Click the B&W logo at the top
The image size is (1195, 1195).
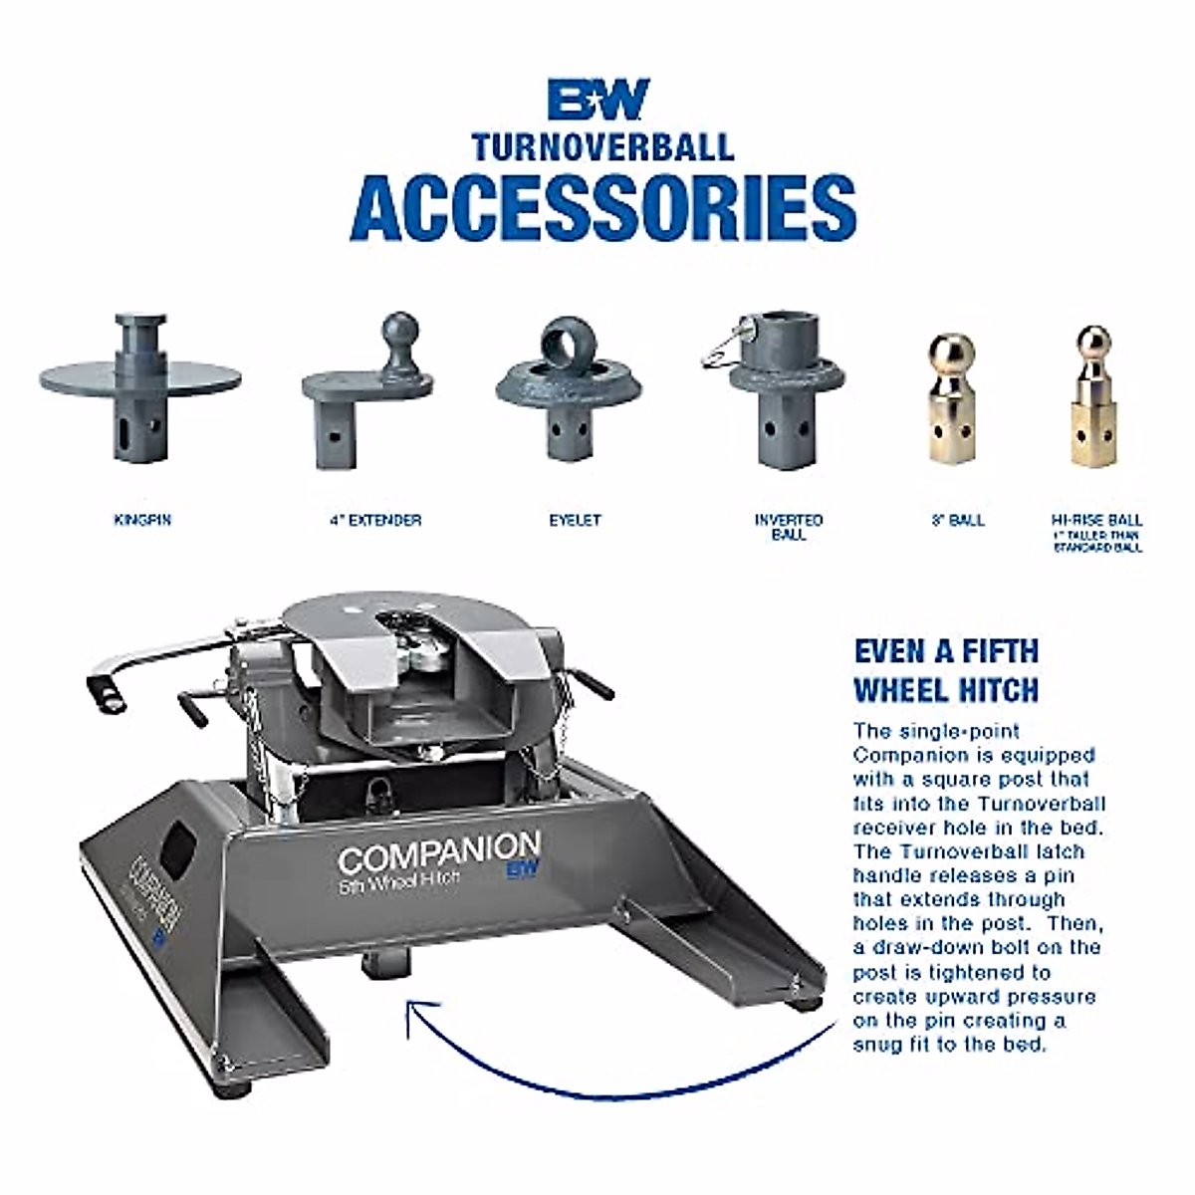point(599,100)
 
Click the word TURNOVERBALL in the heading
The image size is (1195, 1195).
point(602,147)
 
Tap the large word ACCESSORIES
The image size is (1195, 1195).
point(602,207)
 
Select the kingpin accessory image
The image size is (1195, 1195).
point(140,388)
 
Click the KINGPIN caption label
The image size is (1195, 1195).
point(142,520)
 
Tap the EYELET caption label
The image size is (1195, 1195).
point(575,520)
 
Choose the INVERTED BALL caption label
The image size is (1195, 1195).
point(789,527)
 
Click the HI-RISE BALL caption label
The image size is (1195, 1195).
point(1096,520)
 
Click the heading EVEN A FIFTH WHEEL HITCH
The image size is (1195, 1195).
point(946,670)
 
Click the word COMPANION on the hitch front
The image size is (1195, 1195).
point(438,854)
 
